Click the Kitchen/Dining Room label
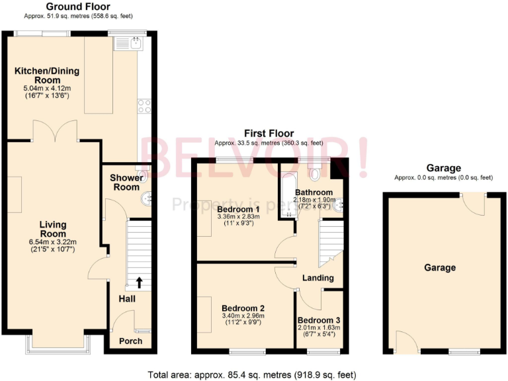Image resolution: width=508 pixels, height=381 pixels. [x=43, y=75]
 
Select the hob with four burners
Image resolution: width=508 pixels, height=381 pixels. [x=144, y=106]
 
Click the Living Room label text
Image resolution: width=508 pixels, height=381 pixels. [x=52, y=229]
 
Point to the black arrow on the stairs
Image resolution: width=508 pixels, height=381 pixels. [x=140, y=282]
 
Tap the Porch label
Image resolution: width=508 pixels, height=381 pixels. [x=130, y=341]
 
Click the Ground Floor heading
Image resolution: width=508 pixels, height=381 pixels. [x=77, y=7]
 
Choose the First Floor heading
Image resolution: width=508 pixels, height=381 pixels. [x=269, y=133]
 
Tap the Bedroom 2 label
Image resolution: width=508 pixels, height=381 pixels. [x=243, y=308]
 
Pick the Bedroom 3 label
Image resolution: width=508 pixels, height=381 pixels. [x=319, y=320]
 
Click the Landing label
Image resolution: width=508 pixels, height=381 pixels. [x=317, y=277]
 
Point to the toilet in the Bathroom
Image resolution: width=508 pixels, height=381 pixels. [x=315, y=173]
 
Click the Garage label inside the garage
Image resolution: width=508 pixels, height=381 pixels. [x=440, y=267]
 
